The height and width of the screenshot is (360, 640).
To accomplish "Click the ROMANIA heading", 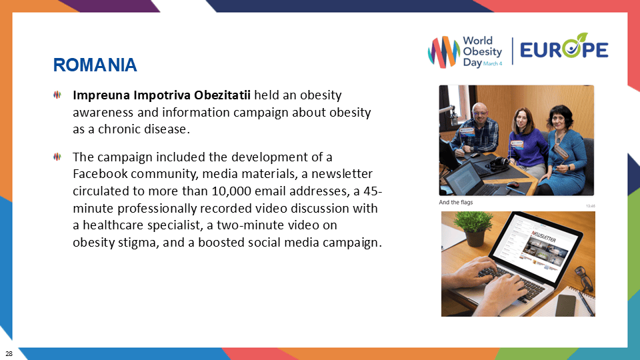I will [95, 65].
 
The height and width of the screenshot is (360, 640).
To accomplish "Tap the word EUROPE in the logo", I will [563, 50].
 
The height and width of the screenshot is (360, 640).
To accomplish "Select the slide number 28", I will [9, 352].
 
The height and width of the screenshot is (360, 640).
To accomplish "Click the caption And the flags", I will [455, 202].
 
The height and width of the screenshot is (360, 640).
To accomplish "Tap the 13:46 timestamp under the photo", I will [589, 206].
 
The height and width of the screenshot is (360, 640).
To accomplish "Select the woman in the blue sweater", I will [520, 143].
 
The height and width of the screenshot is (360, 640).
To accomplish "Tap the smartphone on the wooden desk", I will [565, 305].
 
